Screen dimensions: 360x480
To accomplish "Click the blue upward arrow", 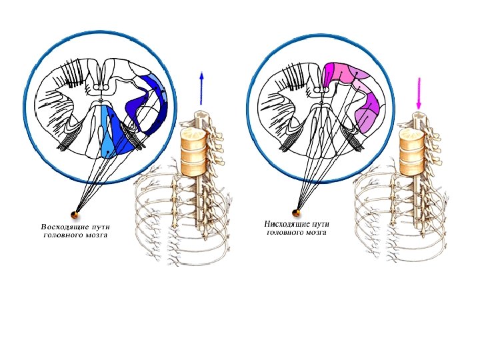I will (x=200, y=87).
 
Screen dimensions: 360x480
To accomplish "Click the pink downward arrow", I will (x=419, y=93).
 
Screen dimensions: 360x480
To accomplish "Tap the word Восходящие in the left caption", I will (x=61, y=227).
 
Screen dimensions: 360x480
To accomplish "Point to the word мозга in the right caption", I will (x=314, y=233).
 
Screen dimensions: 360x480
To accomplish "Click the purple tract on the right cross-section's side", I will (x=369, y=110).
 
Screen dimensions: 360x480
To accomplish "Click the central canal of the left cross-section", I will (x=101, y=101).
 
